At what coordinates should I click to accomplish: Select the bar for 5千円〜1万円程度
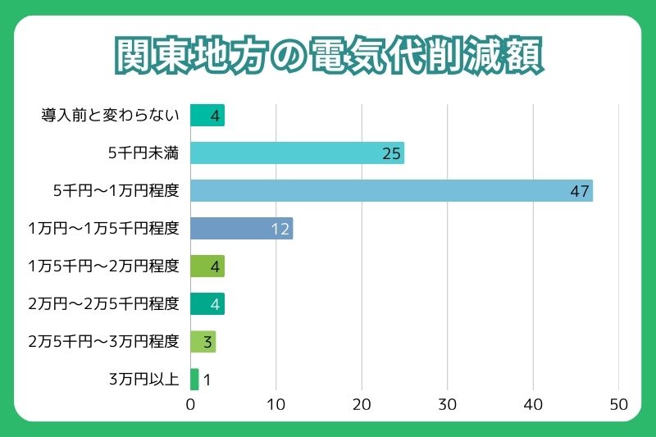pyautogui.click(x=391, y=191)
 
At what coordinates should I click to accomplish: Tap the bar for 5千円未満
pyautogui.click(x=297, y=153)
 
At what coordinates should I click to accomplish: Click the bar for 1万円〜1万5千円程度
pyautogui.click(x=241, y=229)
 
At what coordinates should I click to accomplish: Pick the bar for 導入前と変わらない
pyautogui.click(x=207, y=116)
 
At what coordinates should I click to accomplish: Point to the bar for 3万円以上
pyautogui.click(x=194, y=380)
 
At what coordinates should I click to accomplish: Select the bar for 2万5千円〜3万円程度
pyautogui.click(x=203, y=342)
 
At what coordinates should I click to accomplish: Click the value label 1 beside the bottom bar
pyautogui.click(x=207, y=380)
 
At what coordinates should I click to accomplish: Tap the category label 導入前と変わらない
pyautogui.click(x=110, y=116)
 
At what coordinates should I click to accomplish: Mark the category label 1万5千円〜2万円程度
pyautogui.click(x=102, y=266)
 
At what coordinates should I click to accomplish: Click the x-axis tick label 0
pyautogui.click(x=190, y=404)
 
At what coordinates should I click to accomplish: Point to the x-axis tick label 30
pyautogui.click(x=447, y=404)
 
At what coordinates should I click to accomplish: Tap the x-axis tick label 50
pyautogui.click(x=618, y=404)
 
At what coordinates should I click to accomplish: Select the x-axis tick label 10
pyautogui.click(x=276, y=404)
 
